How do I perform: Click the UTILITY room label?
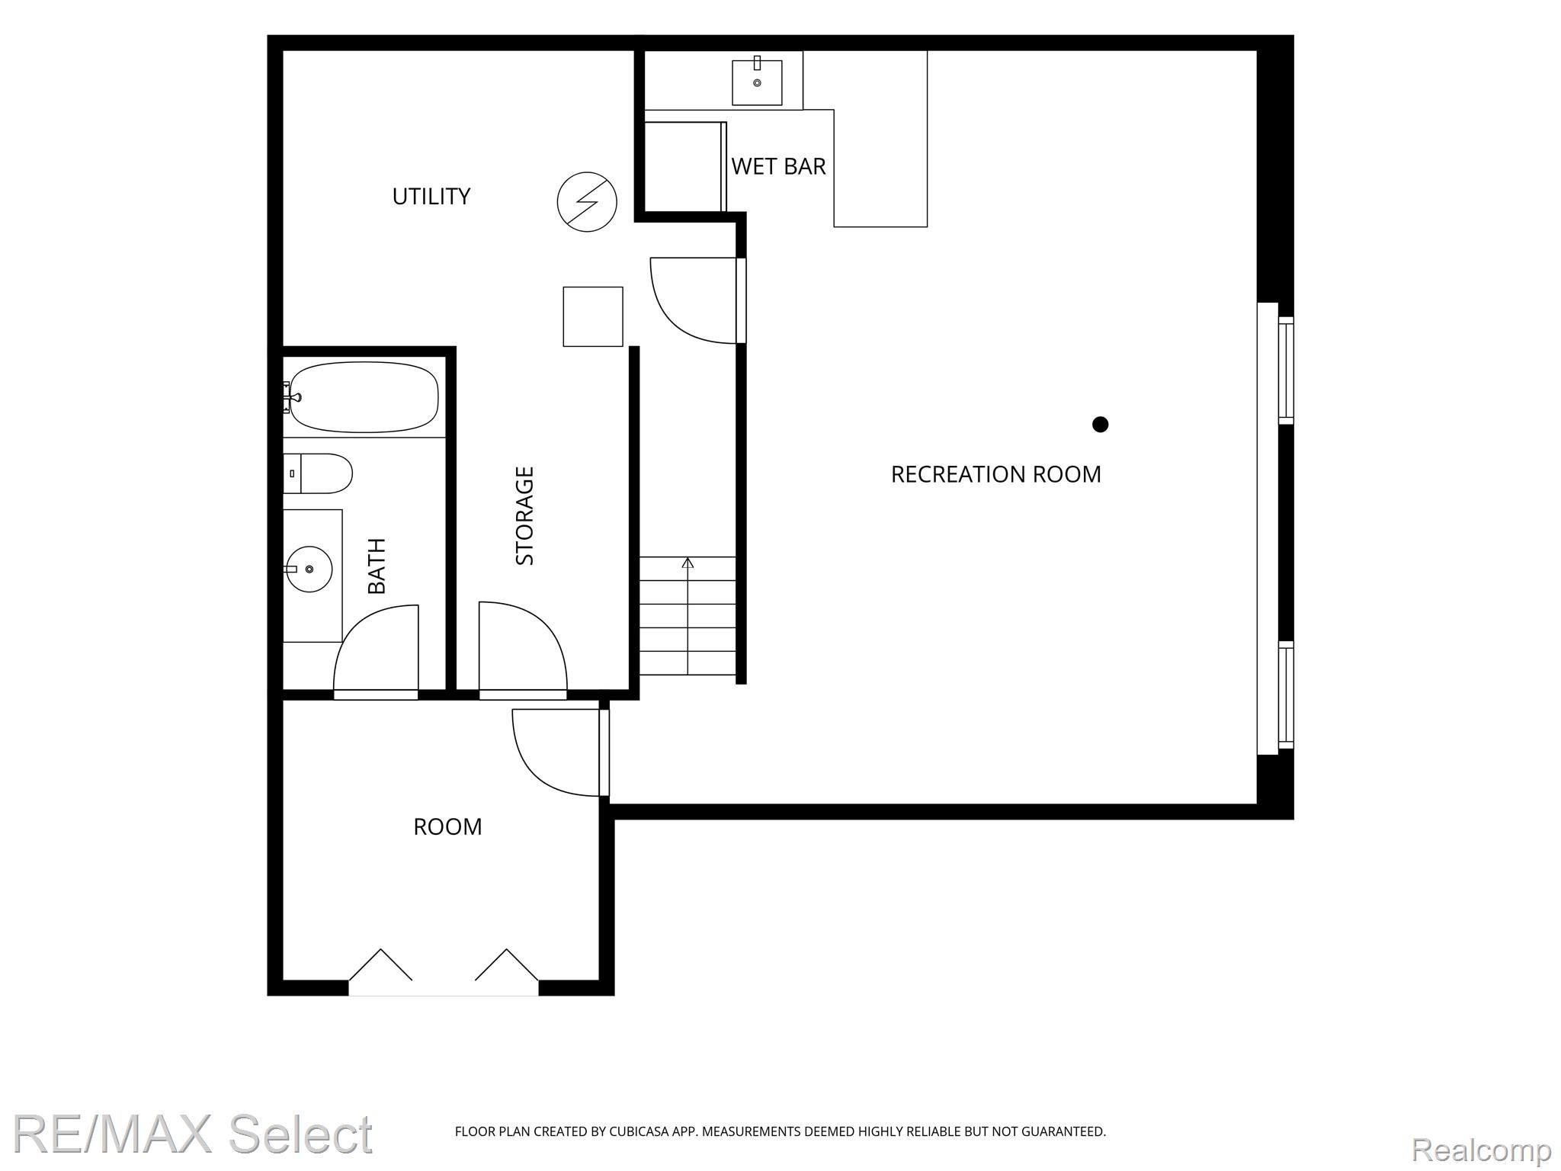click(431, 197)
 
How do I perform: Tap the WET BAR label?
click(778, 166)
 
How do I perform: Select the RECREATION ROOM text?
click(995, 474)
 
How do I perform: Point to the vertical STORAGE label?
click(525, 516)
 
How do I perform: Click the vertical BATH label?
click(377, 566)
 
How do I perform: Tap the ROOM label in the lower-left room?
click(447, 827)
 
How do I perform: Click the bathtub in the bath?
click(364, 396)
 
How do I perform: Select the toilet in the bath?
click(318, 473)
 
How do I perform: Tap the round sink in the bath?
click(309, 569)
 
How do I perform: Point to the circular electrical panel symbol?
click(587, 202)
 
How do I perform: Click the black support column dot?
click(1100, 424)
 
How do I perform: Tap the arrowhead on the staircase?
click(688, 563)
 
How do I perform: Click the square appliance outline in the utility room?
click(593, 316)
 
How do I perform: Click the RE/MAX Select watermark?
click(193, 1133)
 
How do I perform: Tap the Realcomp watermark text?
click(1482, 1149)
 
